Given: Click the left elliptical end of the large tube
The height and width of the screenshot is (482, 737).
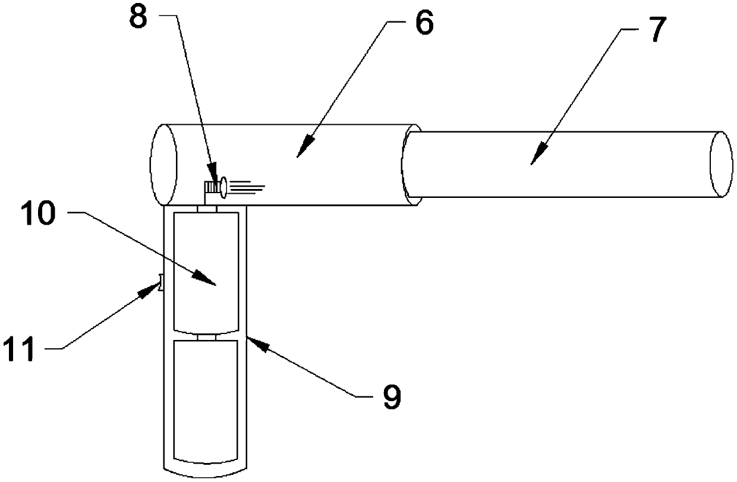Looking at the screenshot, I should [x=163, y=165].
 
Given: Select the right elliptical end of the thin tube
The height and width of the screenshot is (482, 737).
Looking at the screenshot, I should [x=722, y=165].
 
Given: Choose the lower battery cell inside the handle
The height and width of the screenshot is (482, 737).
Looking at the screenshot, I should [x=205, y=401].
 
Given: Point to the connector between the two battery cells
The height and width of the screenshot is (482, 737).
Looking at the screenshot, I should [x=205, y=337].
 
